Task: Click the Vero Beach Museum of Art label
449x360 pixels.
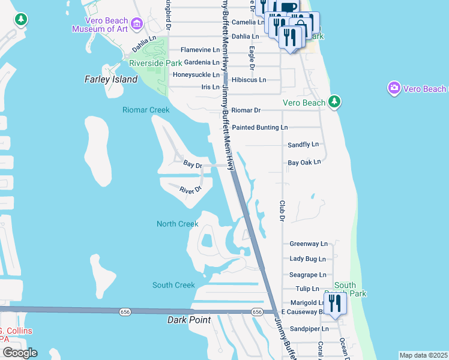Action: [x=100, y=25]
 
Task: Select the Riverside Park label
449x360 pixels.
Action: [x=155, y=62]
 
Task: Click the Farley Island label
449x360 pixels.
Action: [x=111, y=79]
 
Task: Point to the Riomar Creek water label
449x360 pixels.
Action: [x=146, y=110]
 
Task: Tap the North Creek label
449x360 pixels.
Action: [x=177, y=224]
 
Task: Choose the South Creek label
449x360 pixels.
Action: [x=173, y=285]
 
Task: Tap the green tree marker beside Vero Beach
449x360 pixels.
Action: [x=334, y=103]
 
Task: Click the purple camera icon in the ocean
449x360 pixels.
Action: [x=394, y=89]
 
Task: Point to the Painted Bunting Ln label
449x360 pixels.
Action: [x=260, y=127]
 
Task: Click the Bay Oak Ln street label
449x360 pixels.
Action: [x=304, y=162]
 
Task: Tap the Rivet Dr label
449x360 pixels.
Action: [x=190, y=190]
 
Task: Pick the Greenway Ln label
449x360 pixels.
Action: [x=309, y=244]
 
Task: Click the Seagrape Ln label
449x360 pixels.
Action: [x=308, y=275]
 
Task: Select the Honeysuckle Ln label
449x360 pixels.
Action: [x=196, y=74]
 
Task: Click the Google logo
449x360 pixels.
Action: [x=19, y=353]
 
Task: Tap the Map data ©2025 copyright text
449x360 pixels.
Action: [x=423, y=355]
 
